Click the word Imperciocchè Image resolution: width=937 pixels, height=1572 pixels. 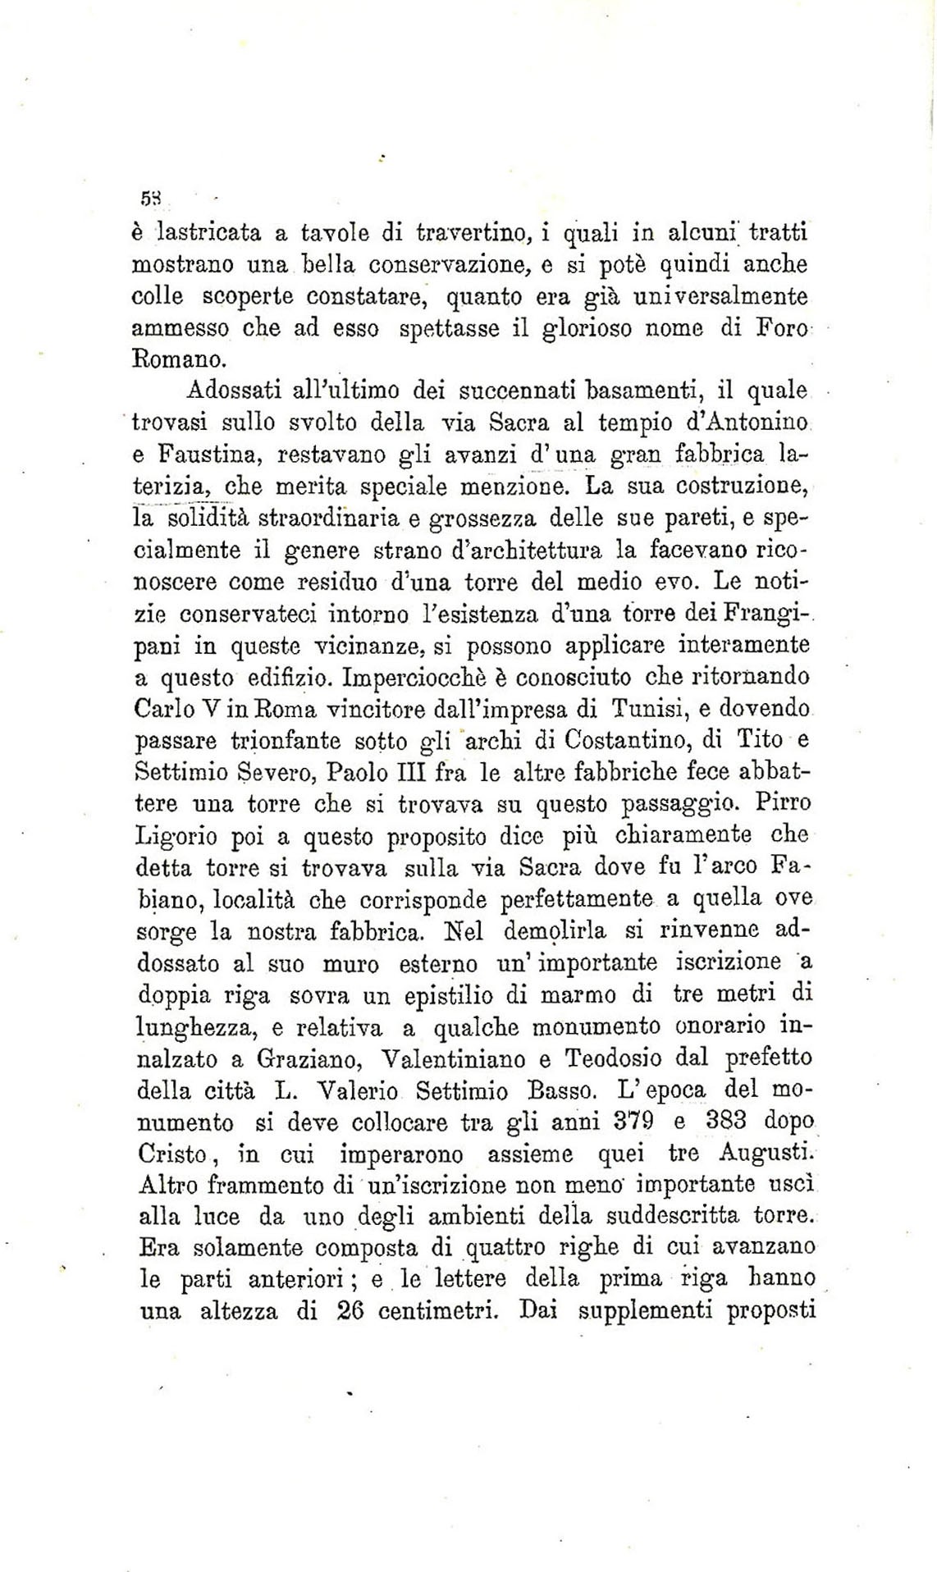(x=409, y=679)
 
